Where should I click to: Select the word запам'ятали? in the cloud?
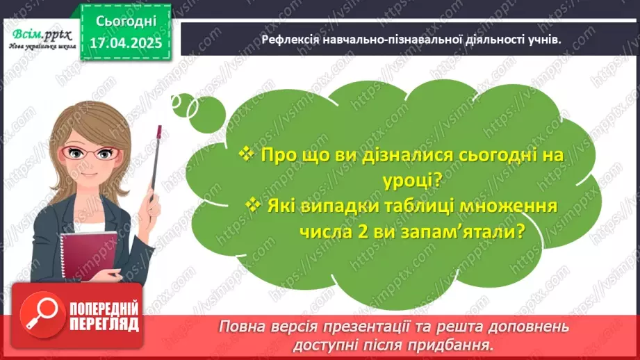[479, 234]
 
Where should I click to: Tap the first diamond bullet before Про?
[245, 154]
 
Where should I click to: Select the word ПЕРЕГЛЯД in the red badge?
[104, 325]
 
